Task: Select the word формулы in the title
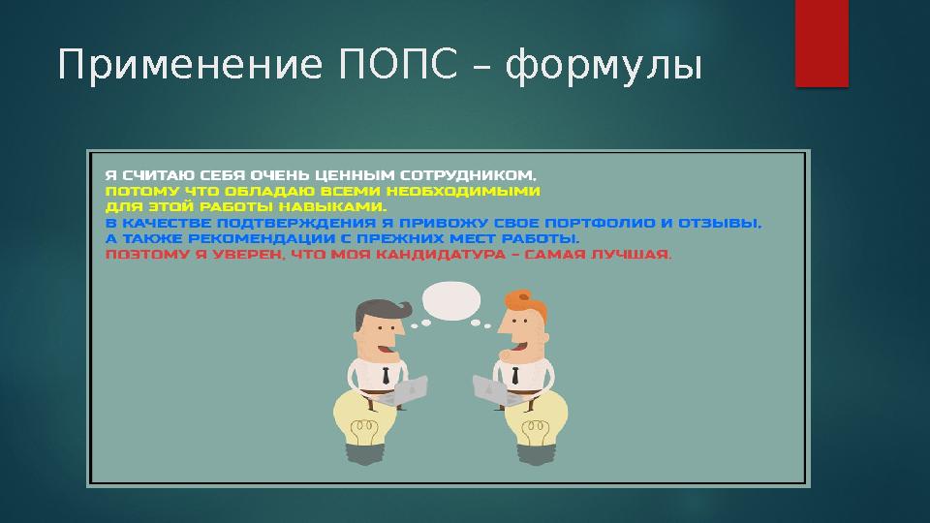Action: coord(603,67)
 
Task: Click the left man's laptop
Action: coord(404,390)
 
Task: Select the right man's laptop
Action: coord(490,390)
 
